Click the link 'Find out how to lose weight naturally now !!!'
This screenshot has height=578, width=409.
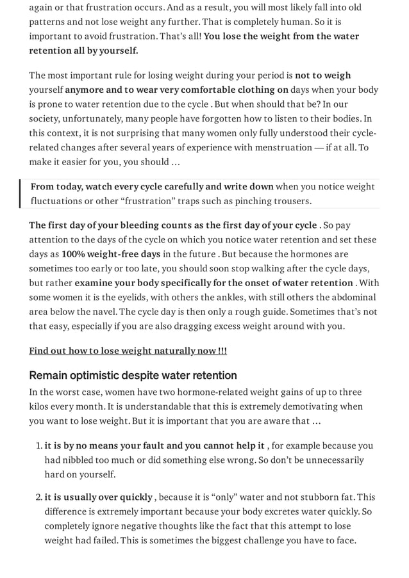(x=128, y=351)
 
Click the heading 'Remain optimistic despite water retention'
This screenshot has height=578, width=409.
(x=133, y=375)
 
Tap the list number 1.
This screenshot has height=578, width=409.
(x=37, y=446)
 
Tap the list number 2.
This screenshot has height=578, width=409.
(x=37, y=497)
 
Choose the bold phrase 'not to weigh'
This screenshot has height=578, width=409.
(x=322, y=76)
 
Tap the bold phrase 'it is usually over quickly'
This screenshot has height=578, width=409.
(x=99, y=497)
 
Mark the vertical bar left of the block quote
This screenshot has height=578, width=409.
(x=21, y=194)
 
